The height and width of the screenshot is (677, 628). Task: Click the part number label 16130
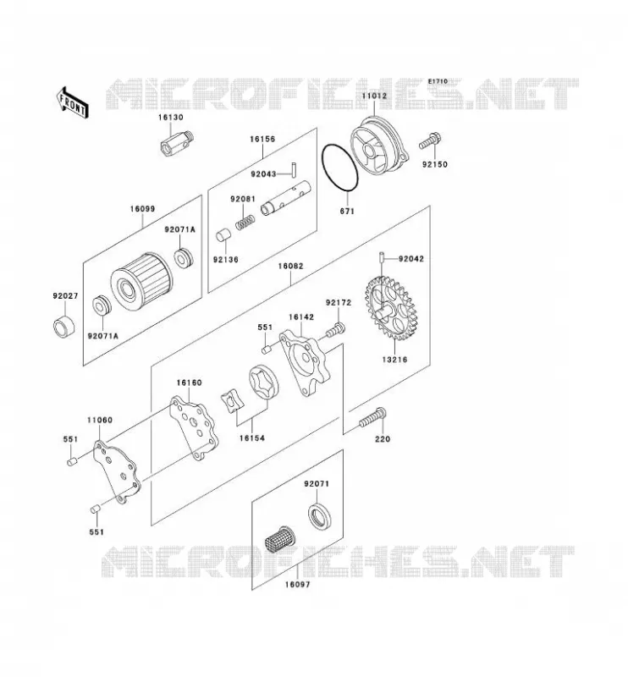[x=170, y=117]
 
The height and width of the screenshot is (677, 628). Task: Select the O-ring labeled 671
[x=340, y=168]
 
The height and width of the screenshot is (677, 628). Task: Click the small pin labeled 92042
[x=382, y=256]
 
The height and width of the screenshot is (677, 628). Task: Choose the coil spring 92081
[x=245, y=223]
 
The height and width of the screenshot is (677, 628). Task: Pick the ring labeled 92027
[x=63, y=327]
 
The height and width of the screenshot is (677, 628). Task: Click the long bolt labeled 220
[x=372, y=417]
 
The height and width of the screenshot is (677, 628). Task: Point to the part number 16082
[x=290, y=266]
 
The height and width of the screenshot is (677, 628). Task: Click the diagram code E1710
[x=438, y=81]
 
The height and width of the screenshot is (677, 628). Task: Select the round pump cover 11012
[x=378, y=146]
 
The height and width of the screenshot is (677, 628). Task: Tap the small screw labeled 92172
[x=335, y=330]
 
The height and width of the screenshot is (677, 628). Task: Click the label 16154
[x=252, y=438]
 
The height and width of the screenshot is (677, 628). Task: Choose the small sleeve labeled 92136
[x=223, y=236]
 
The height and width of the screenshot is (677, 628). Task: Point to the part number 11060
[x=100, y=420]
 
